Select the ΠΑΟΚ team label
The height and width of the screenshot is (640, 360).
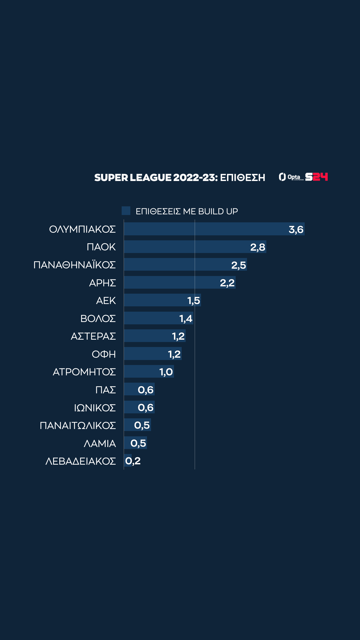tap(101, 247)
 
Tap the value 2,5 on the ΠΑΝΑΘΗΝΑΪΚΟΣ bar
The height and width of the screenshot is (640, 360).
tap(239, 265)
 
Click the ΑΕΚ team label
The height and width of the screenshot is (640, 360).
tap(106, 301)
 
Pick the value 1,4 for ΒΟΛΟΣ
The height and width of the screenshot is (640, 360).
tap(186, 319)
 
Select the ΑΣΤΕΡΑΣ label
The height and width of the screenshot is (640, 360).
tap(93, 336)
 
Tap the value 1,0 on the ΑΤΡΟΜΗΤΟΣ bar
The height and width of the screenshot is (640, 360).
tap(166, 372)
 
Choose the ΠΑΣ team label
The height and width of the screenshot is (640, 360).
tap(105, 390)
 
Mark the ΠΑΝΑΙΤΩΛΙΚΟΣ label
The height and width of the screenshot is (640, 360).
tap(78, 426)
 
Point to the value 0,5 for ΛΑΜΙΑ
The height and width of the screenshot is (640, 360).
tap(138, 443)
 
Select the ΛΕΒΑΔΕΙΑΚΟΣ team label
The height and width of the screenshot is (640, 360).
tap(80, 461)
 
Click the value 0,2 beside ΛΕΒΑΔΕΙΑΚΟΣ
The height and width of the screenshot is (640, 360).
tap(133, 461)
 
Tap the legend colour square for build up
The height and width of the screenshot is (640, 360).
tap(126, 211)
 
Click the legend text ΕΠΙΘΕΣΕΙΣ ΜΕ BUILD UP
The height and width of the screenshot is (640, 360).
tap(187, 211)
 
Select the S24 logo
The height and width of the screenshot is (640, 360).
tap(317, 177)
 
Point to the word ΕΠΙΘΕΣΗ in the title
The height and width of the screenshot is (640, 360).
tap(243, 178)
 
